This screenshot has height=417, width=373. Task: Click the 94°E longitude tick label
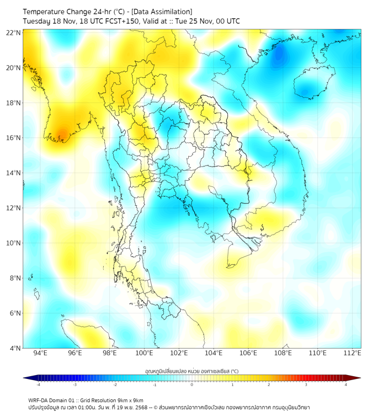[x=40, y=353]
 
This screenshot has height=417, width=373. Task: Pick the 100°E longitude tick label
[x=144, y=353]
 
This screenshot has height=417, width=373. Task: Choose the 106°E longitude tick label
[x=248, y=353]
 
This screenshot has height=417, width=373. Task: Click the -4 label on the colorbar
[x=38, y=384]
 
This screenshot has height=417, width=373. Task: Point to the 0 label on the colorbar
[x=192, y=384]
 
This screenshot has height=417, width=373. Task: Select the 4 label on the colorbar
[x=345, y=384]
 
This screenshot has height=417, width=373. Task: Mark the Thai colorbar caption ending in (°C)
[x=191, y=371]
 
